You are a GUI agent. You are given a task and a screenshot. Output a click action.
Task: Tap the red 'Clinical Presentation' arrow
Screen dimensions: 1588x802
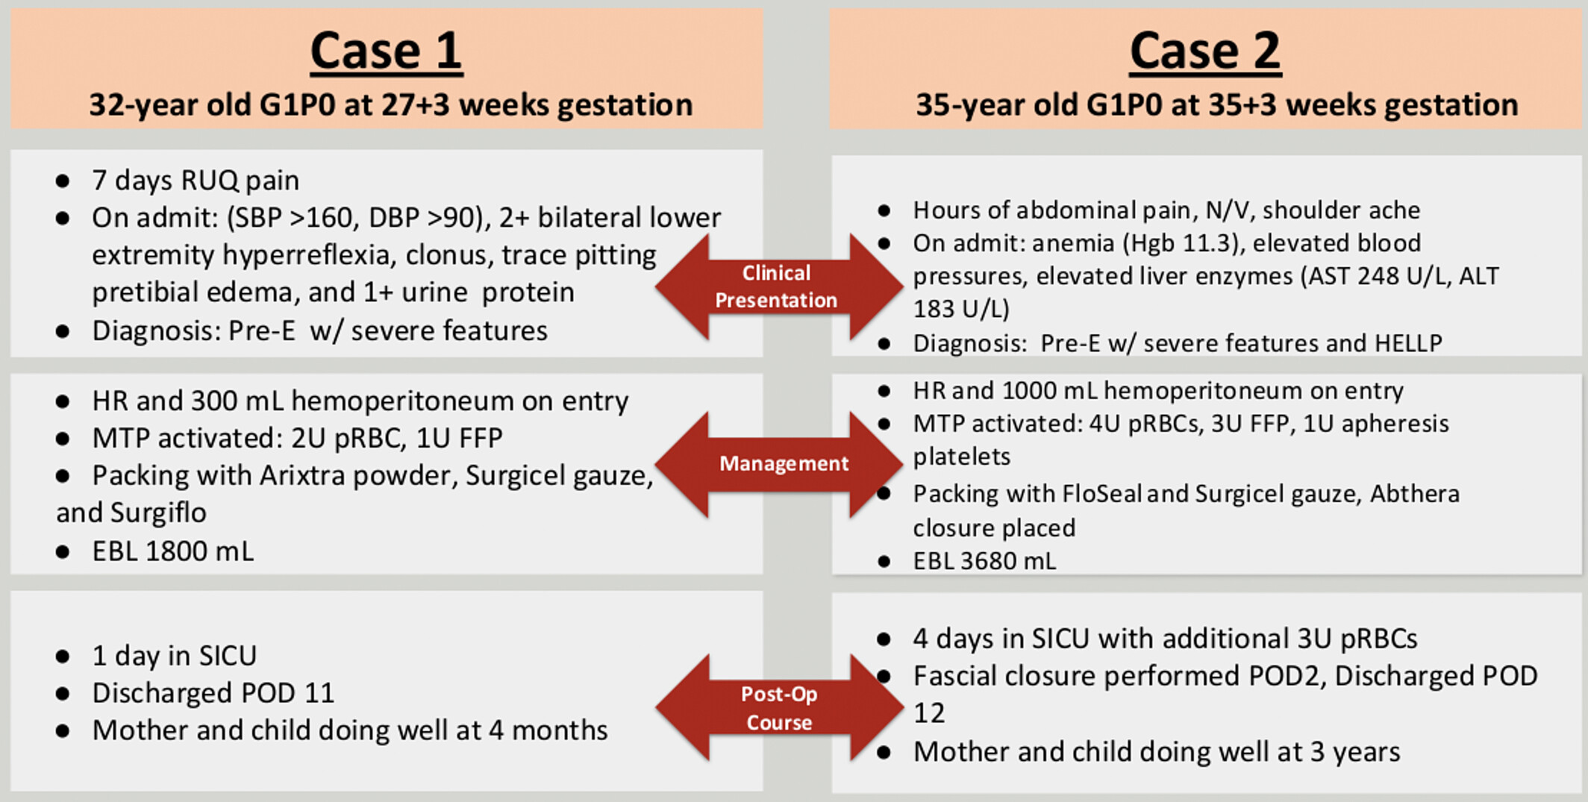tap(779, 286)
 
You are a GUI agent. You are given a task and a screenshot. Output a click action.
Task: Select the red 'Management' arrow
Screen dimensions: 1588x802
tap(779, 464)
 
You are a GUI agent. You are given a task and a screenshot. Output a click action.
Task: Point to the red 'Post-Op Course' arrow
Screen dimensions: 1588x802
tap(779, 707)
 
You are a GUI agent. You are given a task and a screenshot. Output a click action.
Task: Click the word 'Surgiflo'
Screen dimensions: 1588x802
tap(158, 513)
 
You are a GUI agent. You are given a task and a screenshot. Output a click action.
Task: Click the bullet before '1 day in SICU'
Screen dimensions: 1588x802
tap(63, 657)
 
